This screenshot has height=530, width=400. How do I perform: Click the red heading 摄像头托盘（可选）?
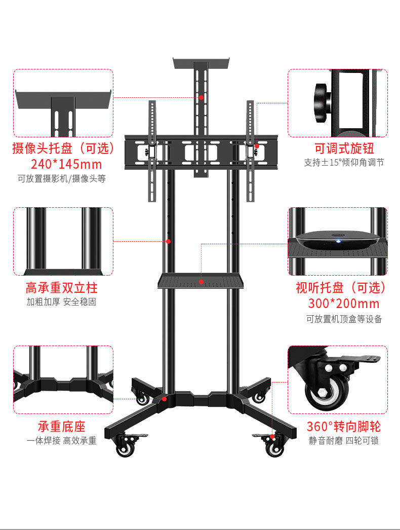pyautogui.click(x=63, y=148)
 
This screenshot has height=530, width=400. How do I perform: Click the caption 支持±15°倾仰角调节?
pyautogui.click(x=344, y=163)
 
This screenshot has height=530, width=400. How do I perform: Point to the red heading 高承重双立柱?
pyautogui.click(x=62, y=288)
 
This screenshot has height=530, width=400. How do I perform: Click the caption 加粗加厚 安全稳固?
pyautogui.click(x=62, y=302)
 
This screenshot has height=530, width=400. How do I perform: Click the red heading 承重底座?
pyautogui.click(x=62, y=426)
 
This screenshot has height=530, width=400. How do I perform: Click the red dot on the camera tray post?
pyautogui.click(x=201, y=97)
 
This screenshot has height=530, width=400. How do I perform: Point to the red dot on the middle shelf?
pyautogui.click(x=201, y=282)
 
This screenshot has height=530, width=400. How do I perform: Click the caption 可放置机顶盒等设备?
pyautogui.click(x=344, y=319)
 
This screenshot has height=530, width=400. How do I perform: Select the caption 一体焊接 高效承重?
pyautogui.click(x=62, y=441)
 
